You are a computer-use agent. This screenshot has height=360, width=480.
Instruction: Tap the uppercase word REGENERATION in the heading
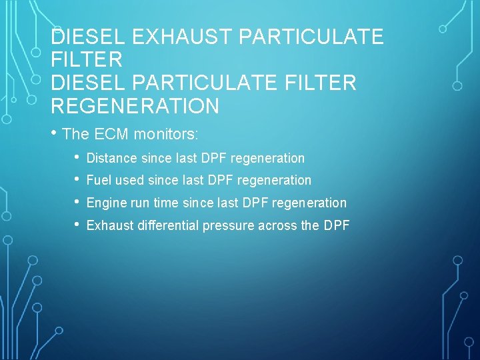click(135, 106)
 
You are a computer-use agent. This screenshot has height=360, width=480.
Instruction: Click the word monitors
click(166, 134)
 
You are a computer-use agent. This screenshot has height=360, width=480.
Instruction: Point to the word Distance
click(112, 158)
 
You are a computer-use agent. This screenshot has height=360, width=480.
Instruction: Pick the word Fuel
click(99, 180)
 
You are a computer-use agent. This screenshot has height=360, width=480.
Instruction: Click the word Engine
click(105, 203)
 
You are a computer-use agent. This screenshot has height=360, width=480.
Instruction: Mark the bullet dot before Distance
click(77, 158)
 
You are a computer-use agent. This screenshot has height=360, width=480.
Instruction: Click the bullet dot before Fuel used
click(77, 180)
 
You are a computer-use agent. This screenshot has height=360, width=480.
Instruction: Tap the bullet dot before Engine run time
click(77, 203)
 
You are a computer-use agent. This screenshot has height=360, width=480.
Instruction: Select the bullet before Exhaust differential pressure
click(77, 225)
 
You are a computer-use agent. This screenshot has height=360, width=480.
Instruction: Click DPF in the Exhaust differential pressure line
click(336, 225)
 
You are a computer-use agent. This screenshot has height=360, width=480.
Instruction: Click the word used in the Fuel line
click(129, 180)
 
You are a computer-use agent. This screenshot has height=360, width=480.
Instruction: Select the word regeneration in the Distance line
click(267, 158)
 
